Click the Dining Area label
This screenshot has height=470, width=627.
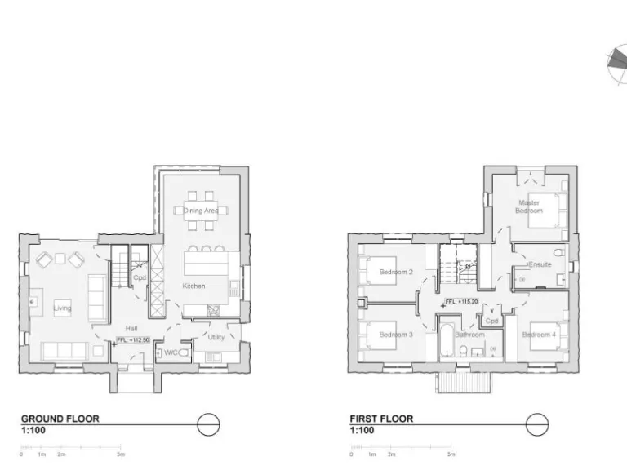200,211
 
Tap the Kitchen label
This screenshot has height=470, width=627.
193,286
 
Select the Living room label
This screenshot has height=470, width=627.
62,308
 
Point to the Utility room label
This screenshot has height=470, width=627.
216,336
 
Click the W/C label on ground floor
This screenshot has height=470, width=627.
171,352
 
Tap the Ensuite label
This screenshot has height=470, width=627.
540,264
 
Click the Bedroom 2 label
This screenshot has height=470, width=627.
396,272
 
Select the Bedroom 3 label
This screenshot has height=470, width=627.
396,335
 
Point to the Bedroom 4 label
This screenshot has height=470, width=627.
539,335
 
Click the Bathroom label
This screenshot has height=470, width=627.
469,335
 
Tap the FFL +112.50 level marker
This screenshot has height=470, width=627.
131,339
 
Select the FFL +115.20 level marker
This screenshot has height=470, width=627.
461,302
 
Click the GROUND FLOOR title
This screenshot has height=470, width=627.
60,419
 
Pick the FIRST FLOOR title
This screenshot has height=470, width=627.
381,419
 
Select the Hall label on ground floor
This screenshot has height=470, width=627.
120,328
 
